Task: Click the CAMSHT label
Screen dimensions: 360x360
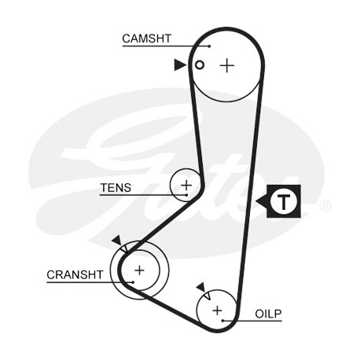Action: [146, 39]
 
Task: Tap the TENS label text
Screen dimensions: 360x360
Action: [116, 188]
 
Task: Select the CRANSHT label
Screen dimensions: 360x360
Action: [75, 275]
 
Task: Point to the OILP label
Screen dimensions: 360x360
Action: [268, 314]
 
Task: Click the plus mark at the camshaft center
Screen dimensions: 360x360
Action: [227, 65]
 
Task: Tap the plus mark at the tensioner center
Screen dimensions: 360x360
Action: [186, 186]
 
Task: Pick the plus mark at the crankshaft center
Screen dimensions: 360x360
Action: [139, 270]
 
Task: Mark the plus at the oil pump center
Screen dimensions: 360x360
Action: [217, 310]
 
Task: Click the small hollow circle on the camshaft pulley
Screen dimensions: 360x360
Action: [200, 64]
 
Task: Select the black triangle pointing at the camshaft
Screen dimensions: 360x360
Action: [180, 64]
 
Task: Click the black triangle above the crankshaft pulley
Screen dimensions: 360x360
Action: [116, 240]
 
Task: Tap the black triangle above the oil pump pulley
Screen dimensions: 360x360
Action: [201, 287]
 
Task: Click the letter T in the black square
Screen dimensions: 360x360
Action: [284, 202]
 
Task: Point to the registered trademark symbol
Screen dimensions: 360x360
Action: [325, 206]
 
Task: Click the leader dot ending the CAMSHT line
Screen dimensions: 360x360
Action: [209, 46]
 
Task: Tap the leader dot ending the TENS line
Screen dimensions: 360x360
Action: [186, 195]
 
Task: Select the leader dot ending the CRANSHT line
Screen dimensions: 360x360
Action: [133, 282]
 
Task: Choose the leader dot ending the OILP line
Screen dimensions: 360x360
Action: [222, 321]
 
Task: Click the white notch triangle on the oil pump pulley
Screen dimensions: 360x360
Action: [208, 296]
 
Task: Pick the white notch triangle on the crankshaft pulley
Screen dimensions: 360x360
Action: [124, 248]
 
